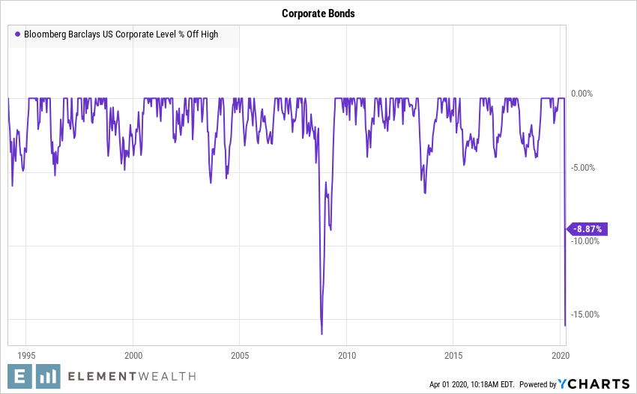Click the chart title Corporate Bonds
pos(318,13)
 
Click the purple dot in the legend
pos(17,34)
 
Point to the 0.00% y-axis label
pos(582,94)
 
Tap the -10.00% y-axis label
pos(585,241)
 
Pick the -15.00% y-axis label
pos(585,315)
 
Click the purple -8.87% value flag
pos(588,229)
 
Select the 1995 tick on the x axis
pos(26,354)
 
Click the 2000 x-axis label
pos(133,354)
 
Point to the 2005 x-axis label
pos(240,354)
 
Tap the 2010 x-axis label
pos(346,354)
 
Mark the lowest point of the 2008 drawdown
pos(321,334)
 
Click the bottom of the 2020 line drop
pos(564,326)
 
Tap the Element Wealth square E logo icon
pos(22,377)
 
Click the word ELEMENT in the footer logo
pos(99,377)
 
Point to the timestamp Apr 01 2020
pos(449,384)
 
